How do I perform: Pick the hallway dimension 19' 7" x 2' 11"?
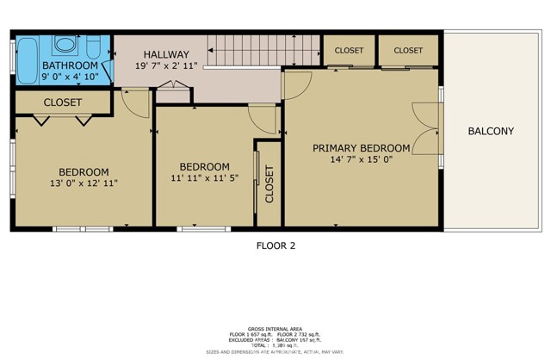point(165,65)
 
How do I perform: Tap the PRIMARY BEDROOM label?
point(362,147)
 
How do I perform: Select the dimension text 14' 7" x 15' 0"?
point(362,159)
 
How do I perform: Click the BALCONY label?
point(491,132)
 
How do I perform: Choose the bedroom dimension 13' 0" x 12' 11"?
point(84,183)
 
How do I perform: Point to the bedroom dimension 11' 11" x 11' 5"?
point(204,178)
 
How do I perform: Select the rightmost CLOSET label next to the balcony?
point(409,51)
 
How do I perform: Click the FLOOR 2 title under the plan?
point(275,245)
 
